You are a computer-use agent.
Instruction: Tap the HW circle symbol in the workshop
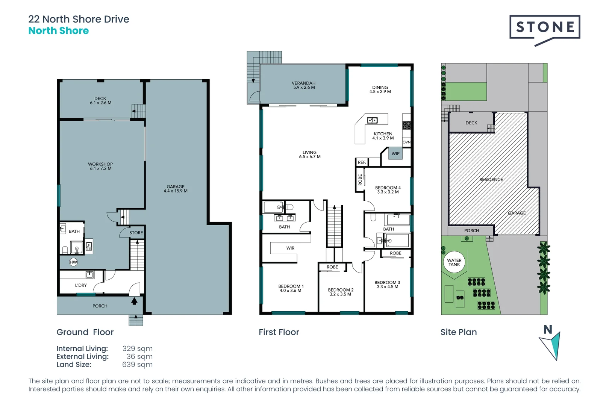point(73,262)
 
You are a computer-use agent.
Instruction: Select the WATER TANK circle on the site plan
point(454,262)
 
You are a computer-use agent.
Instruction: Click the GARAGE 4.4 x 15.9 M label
point(176,189)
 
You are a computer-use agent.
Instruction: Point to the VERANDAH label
point(304,83)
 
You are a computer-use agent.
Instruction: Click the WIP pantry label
point(395,154)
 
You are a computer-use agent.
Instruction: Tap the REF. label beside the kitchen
point(362,162)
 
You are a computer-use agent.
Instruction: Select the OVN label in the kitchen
point(406,142)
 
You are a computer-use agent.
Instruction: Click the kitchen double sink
point(372,120)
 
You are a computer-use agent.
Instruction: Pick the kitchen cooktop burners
point(407,125)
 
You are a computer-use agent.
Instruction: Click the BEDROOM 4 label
point(388,188)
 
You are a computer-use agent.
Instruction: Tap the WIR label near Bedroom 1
point(290,248)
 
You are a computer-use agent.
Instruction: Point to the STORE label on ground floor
point(136,232)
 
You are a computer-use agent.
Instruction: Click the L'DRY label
point(81,285)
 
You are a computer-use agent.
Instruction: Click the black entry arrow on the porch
point(134,301)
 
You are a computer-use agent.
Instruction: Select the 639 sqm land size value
point(137,364)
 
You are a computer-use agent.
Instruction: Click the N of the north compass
point(548,330)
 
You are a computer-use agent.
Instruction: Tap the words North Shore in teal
point(58,31)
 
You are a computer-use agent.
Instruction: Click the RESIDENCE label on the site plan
point(491,179)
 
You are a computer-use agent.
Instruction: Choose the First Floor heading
point(279,332)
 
